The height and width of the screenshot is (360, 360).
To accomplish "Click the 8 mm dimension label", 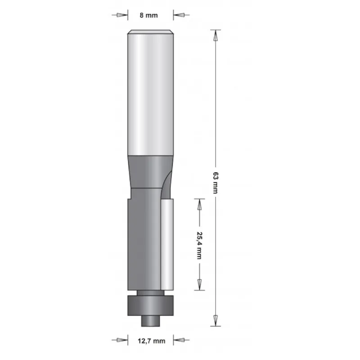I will tap(149, 15).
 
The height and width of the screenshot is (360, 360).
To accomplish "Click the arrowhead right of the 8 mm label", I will tap(179, 15).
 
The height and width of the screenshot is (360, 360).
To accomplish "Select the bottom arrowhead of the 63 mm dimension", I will tap(216, 320).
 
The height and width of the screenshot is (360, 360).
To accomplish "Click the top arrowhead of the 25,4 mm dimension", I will tap(198, 203).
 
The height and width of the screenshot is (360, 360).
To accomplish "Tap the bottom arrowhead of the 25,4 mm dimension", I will tap(198, 285).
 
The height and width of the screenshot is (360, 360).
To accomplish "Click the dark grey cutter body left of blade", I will tap(142, 243).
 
